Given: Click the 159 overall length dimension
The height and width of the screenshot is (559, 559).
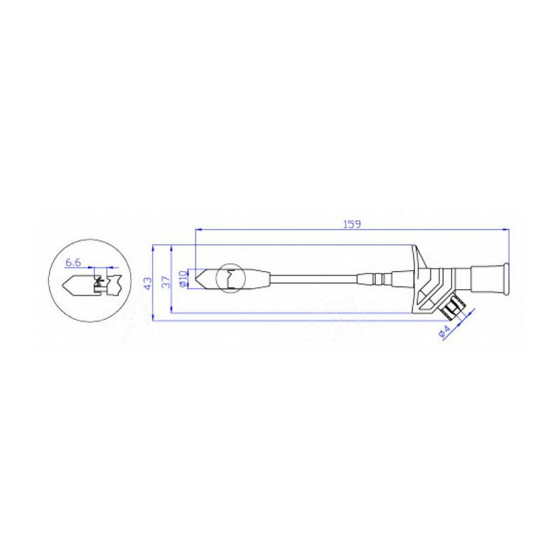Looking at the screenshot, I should pyautogui.click(x=352, y=224).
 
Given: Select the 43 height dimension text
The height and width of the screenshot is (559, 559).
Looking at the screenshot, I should pyautogui.click(x=147, y=283).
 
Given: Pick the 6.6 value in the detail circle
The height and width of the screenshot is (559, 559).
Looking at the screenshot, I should pyautogui.click(x=73, y=263).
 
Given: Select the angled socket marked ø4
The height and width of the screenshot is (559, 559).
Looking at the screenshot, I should pyautogui.click(x=455, y=308).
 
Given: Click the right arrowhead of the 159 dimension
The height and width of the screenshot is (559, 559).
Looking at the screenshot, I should pyautogui.click(x=504, y=228).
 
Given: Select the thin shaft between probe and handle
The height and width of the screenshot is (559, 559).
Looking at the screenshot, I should pyautogui.click(x=314, y=279).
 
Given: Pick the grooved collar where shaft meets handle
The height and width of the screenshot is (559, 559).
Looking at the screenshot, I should pyautogui.click(x=377, y=279).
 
